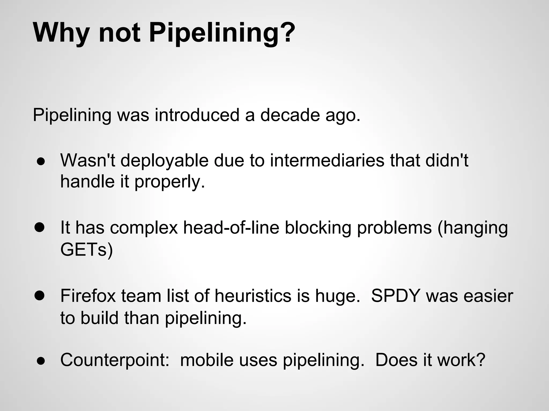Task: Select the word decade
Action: tap(290, 115)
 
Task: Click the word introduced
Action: tap(197, 115)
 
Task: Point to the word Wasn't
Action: tap(88, 161)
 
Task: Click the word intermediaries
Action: tap(327, 161)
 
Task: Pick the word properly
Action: tap(169, 182)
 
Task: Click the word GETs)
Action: tap(87, 249)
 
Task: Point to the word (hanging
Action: tap(473, 228)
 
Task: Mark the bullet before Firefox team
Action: tap(40, 296)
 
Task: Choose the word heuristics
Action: tap(253, 296)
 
